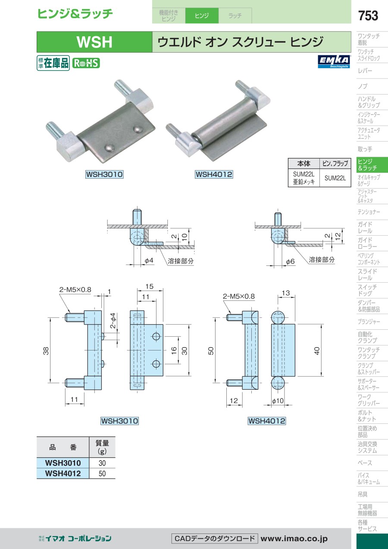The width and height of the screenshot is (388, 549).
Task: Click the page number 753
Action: (368, 16)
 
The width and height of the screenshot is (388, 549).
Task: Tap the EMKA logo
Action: (334, 62)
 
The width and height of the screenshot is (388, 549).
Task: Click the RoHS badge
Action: (86, 63)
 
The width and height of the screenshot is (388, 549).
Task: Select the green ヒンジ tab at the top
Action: (202, 16)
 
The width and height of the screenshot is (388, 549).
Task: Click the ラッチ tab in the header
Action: (235, 16)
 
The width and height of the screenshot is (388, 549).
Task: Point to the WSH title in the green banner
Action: (94, 42)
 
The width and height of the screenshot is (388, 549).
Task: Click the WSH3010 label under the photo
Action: (104, 174)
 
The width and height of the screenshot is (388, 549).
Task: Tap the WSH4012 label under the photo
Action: (214, 174)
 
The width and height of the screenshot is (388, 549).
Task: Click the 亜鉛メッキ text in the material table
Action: (304, 182)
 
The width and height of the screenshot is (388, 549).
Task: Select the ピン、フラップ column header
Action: (335, 164)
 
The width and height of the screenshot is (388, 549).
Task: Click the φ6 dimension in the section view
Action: (290, 262)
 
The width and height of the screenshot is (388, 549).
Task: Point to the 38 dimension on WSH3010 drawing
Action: (46, 351)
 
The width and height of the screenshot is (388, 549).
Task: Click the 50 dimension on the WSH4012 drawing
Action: (211, 351)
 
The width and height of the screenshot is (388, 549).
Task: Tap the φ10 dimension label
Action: (278, 401)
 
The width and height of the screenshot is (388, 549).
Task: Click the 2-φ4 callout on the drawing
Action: (113, 321)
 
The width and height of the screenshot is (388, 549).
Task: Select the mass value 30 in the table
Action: (102, 463)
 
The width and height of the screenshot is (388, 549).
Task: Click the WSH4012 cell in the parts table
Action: (63, 473)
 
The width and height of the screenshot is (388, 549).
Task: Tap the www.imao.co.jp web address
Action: (294, 539)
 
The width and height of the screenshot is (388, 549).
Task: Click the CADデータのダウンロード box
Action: (215, 539)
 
